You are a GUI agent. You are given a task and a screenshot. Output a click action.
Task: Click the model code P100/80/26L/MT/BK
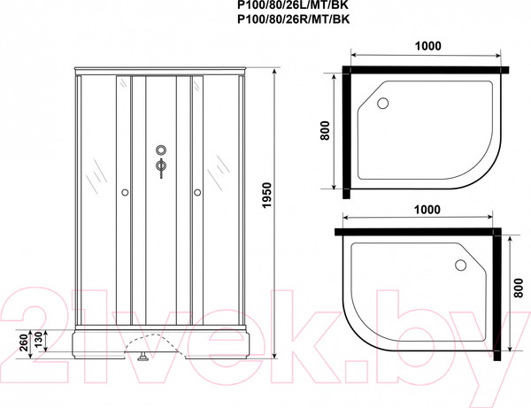point(293,4)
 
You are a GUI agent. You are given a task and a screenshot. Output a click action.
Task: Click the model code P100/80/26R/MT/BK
point(293,19)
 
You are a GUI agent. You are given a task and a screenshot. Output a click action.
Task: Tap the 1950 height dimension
point(267,196)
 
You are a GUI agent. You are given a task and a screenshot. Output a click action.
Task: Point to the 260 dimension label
point(23,343)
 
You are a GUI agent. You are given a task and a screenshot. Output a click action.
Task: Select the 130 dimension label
point(38,340)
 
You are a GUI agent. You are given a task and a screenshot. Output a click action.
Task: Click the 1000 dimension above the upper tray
point(428,46)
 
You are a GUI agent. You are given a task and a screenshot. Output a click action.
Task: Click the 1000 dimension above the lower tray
point(427,210)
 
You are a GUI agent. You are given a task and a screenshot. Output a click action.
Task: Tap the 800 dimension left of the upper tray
point(325,130)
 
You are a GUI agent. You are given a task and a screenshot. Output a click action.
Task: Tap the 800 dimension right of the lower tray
point(518,288)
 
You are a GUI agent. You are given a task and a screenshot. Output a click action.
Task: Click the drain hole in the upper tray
point(383,103)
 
